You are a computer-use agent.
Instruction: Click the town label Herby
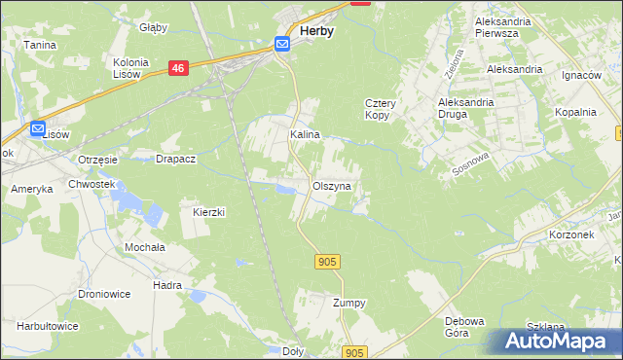tap(317, 31)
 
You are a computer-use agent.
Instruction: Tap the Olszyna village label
tap(332, 185)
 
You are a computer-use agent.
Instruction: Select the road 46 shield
tap(177, 68)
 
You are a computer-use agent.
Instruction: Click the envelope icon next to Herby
tap(282, 44)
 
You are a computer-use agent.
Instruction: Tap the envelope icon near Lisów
tap(38, 128)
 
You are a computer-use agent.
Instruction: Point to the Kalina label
tap(305, 135)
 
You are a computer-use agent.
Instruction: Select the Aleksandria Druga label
tap(466, 107)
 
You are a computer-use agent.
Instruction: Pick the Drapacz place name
tap(177, 159)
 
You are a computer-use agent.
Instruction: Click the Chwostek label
tap(92, 184)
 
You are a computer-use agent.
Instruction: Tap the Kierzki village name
tap(209, 211)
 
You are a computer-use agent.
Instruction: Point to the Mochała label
tap(144, 247)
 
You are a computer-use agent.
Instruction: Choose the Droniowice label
tap(104, 294)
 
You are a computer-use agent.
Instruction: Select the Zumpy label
tap(349, 303)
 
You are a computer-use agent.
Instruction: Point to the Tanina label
tap(40, 45)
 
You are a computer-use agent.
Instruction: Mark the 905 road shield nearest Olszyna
tap(327, 261)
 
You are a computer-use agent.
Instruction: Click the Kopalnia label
tap(574, 112)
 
